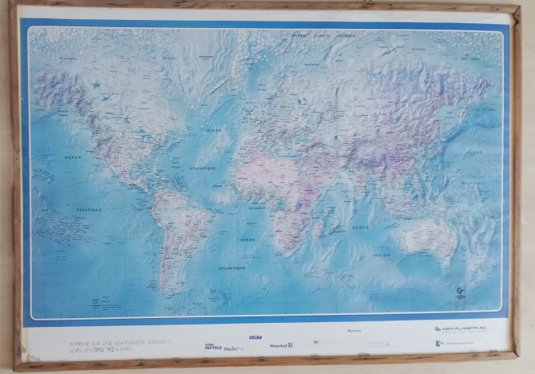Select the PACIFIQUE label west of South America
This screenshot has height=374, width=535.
click(89, 209)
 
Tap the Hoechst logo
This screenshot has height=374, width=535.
click(280, 345)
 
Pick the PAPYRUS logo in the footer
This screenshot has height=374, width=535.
click(212, 347)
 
